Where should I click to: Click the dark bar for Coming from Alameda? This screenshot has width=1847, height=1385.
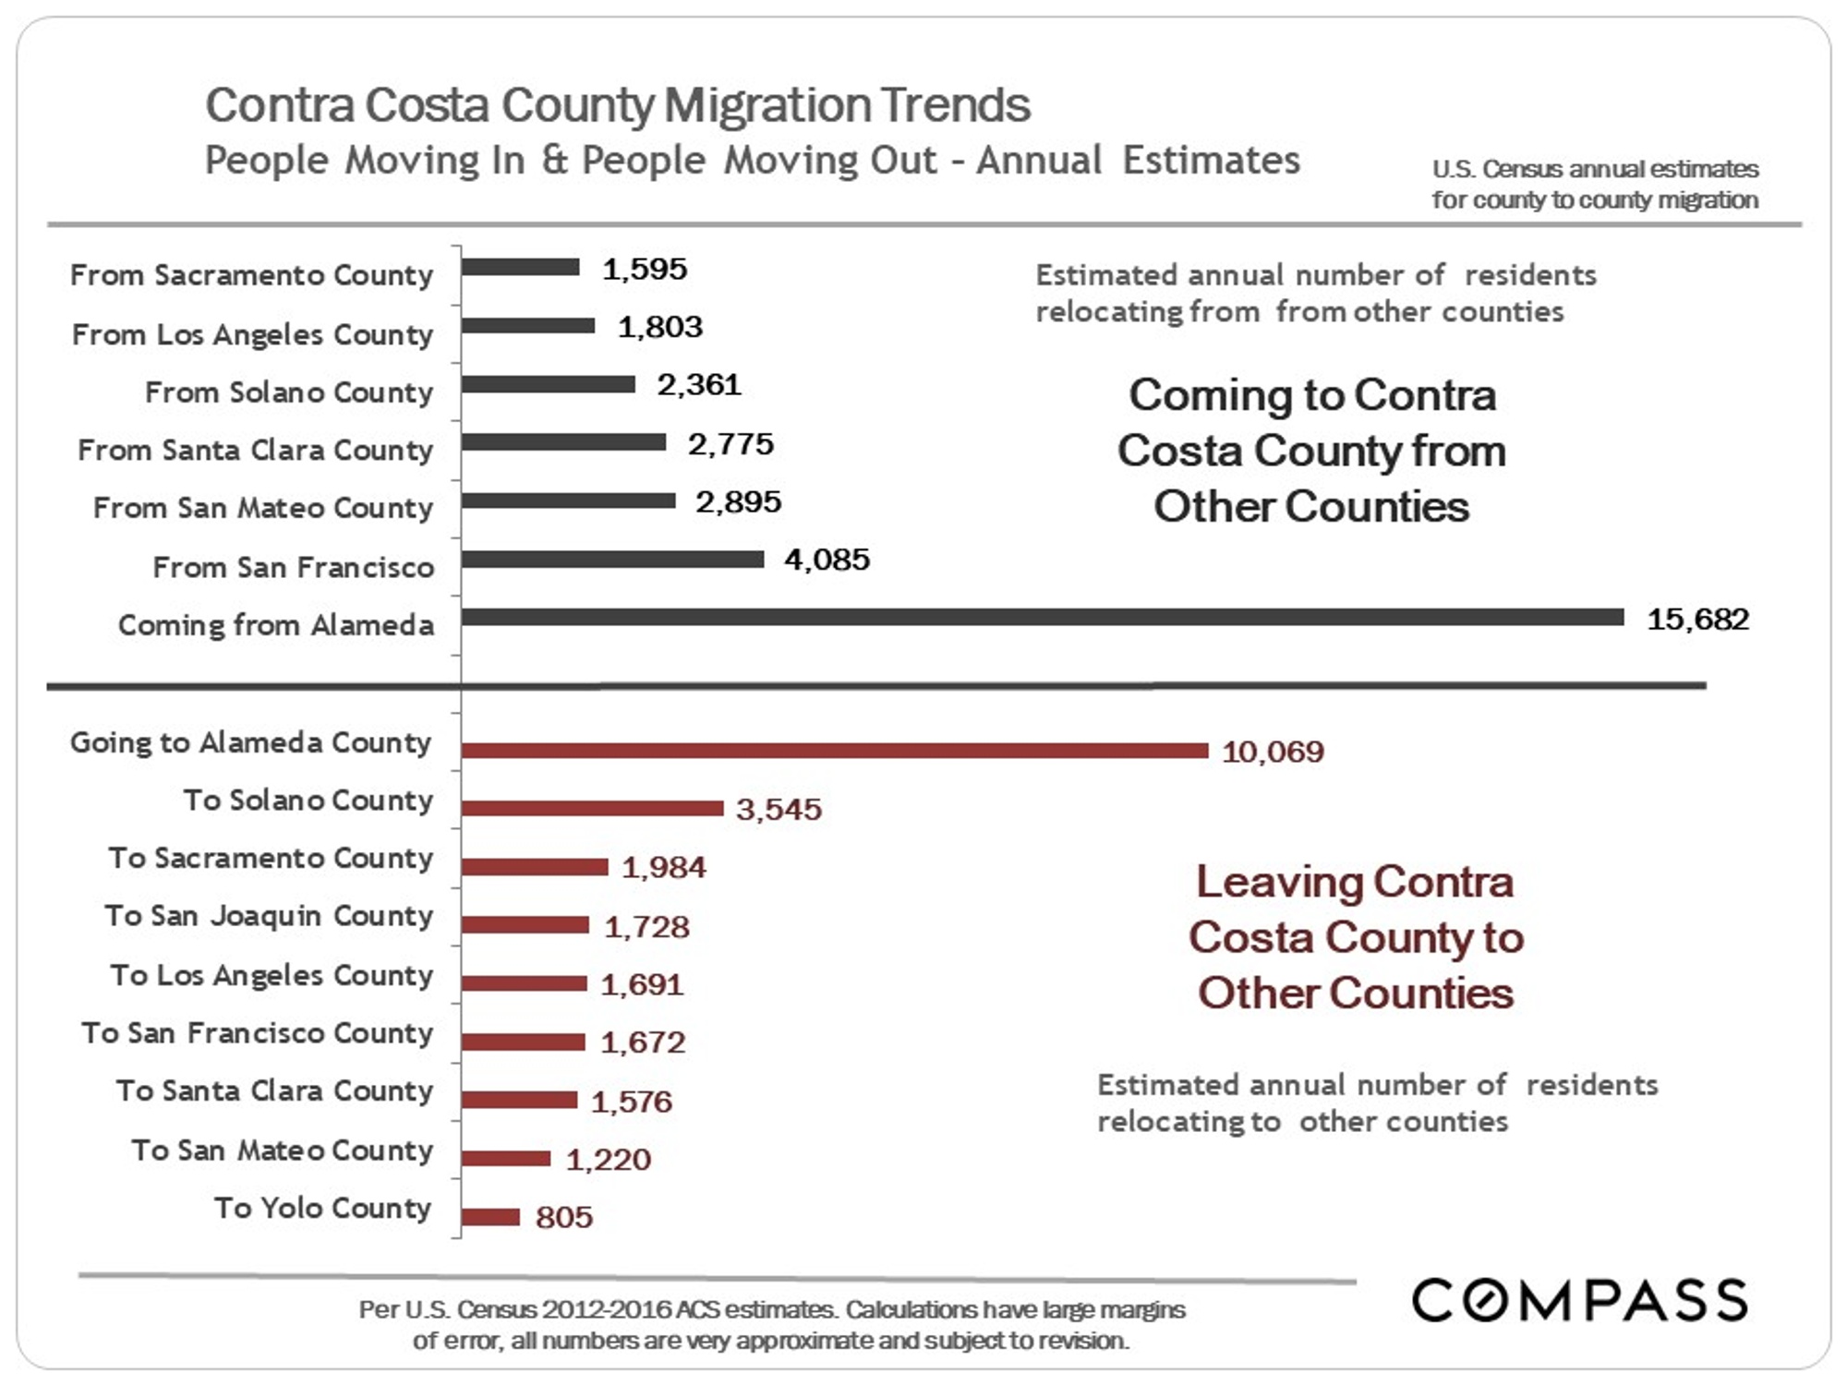point(1042,617)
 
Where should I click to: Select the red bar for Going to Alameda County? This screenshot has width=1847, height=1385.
point(834,751)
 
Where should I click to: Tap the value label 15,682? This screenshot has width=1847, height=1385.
point(1697,619)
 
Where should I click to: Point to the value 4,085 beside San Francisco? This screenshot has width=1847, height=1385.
point(827,560)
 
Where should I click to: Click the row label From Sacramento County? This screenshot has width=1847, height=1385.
point(251,275)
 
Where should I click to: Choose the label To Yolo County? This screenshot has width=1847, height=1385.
point(322,1208)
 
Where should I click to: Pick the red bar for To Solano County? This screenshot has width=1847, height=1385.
point(592,809)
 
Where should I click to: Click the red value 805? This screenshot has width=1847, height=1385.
point(563,1217)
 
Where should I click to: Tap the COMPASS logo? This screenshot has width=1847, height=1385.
point(1579,1300)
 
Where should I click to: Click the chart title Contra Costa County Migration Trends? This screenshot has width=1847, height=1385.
point(617,104)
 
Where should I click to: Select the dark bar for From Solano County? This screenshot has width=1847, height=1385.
point(549,384)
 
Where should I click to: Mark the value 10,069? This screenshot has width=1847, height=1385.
point(1272,752)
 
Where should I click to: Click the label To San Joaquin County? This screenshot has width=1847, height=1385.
point(269,916)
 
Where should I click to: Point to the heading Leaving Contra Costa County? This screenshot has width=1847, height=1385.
point(1355,937)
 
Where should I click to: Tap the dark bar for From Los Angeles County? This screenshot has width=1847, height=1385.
point(528,325)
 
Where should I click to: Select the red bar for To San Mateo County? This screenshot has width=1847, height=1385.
point(505,1158)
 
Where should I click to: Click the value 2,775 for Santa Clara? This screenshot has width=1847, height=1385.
point(730,444)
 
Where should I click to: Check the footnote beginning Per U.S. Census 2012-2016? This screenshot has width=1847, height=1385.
point(771,1324)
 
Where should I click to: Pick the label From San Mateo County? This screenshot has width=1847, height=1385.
point(263,508)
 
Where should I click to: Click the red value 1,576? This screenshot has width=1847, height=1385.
point(631,1102)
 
